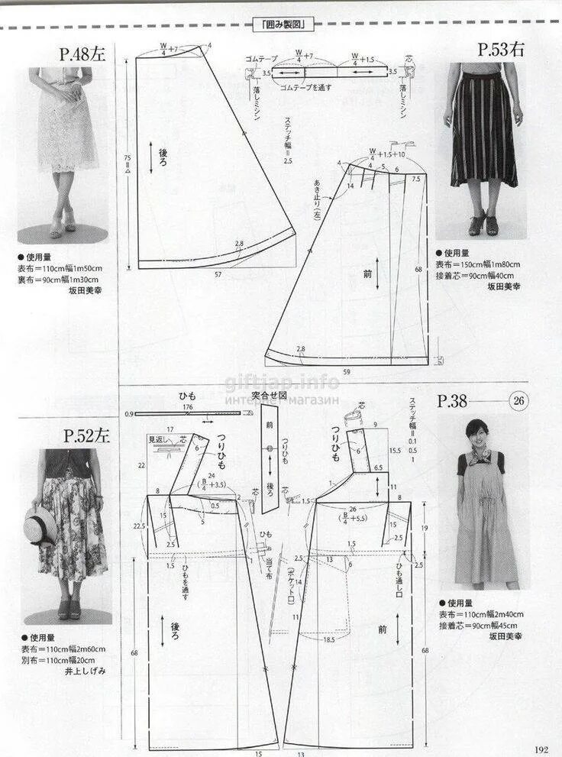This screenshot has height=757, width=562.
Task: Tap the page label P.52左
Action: click(x=86, y=436)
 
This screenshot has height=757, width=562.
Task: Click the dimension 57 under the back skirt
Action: click(x=218, y=273)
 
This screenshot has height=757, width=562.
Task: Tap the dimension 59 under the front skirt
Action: click(x=347, y=372)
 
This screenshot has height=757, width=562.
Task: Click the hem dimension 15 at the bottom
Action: click(x=258, y=753)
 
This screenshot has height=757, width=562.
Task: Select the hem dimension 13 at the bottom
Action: click(x=301, y=753)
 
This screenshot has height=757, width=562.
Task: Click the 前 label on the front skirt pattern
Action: click(x=367, y=273)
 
